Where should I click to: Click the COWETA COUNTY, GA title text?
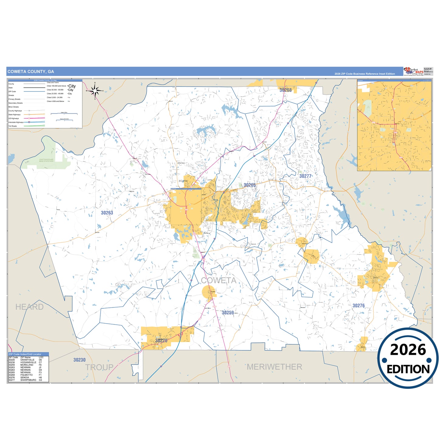[31, 72]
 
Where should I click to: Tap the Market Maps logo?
[413, 71]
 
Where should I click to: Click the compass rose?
[95, 91]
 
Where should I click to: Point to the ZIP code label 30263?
[107, 213]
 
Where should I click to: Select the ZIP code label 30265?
[250, 185]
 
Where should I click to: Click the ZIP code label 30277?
[305, 176]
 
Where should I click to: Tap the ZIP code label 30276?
[358, 306]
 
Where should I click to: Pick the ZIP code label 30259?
[228, 313]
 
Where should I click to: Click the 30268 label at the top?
[286, 90]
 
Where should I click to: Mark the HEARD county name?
[29, 307]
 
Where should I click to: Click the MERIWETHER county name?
[274, 367]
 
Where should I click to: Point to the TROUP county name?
[99, 367]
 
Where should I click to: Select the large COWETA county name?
[219, 280]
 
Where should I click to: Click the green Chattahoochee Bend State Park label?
[46, 160]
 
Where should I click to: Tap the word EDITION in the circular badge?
[408, 369]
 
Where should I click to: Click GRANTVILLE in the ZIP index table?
[27, 360]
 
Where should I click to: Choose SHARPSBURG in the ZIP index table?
[28, 380]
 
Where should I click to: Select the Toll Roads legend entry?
[13, 126]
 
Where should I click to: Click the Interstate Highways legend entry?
[16, 122]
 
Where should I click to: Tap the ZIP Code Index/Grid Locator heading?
[25, 354]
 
